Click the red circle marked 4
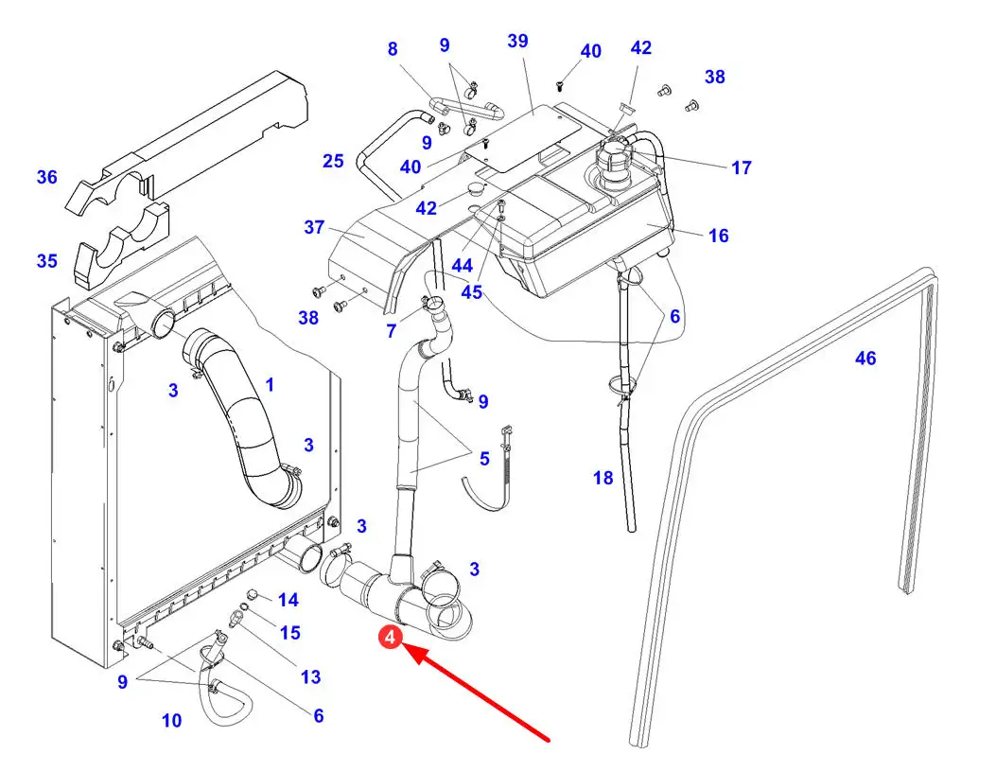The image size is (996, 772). click(391, 639)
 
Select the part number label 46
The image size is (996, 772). click(865, 359)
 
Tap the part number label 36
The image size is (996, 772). click(47, 177)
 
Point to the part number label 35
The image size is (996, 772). click(47, 261)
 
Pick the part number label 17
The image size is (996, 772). click(742, 168)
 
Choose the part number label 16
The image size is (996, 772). click(719, 236)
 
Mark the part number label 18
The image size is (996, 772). click(603, 479)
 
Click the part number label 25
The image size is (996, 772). click(333, 162)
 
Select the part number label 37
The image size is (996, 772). click(315, 228)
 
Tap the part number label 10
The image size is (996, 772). click(171, 721)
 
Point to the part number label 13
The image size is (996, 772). click(310, 677)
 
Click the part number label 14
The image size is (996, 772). click(288, 600)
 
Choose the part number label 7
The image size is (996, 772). click(392, 331)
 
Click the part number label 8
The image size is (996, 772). click(393, 49)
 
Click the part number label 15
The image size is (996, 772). click(289, 633)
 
